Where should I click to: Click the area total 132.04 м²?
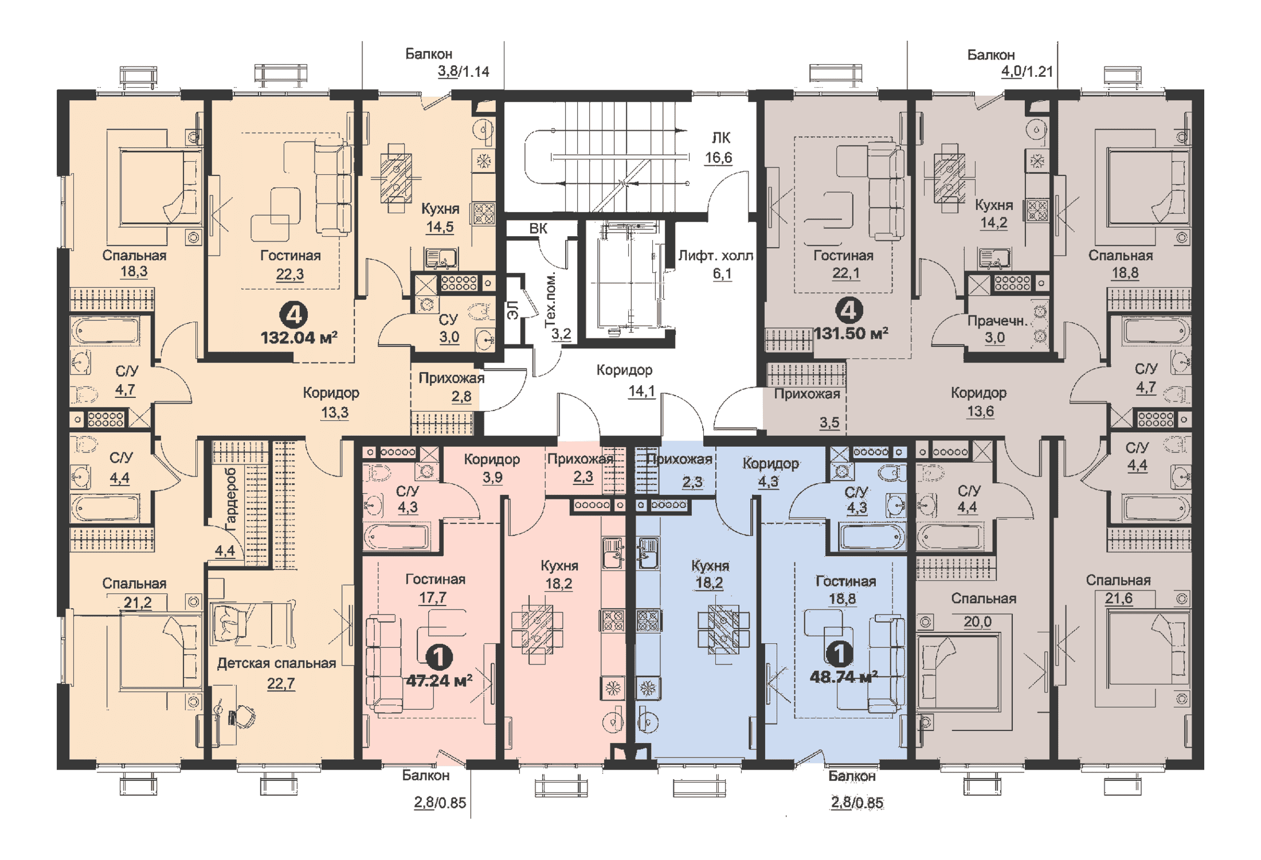click(299, 338)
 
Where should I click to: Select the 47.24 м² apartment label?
click(439, 681)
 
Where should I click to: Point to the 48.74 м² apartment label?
click(843, 677)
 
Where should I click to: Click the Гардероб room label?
click(230, 499)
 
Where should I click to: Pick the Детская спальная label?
click(276, 663)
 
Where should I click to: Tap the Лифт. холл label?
click(715, 256)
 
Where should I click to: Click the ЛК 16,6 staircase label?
click(720, 147)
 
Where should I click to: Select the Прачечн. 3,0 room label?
click(996, 329)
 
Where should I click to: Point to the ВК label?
click(538, 228)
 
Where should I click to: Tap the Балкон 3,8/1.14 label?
click(447, 62)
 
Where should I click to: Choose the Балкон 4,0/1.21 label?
click(1009, 63)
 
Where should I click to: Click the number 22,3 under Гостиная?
click(290, 274)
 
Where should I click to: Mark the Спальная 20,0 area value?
click(977, 621)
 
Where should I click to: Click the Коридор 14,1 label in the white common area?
click(631, 380)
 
